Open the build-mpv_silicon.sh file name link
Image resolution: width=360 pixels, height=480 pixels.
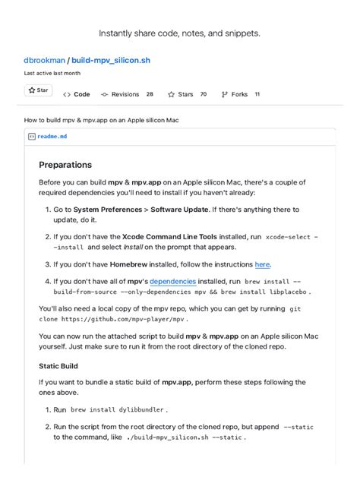112,59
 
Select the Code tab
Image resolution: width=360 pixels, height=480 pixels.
81,94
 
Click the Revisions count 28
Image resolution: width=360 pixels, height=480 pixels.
150,94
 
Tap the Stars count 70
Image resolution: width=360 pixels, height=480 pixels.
203,94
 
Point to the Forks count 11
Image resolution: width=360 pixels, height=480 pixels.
257,94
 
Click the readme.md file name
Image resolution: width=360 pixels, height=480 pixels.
52,137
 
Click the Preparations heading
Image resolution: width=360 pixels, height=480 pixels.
65,165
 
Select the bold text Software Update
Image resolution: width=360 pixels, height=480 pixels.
184,209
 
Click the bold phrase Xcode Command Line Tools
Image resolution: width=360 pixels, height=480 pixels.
169,236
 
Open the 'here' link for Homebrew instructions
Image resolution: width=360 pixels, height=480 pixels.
262,264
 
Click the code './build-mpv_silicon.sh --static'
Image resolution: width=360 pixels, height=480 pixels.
180,437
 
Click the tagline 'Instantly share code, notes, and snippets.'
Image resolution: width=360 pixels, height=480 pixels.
179,33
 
